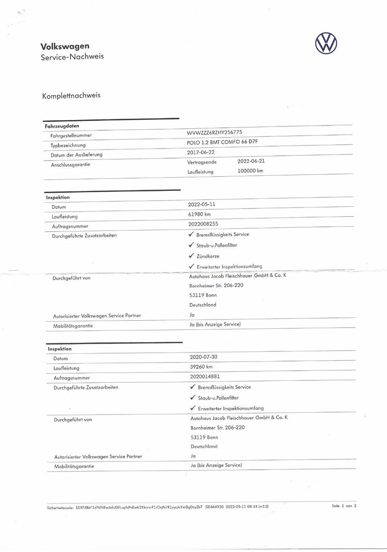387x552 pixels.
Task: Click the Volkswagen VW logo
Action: coord(326,44)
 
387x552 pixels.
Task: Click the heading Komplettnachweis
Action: coord(71,96)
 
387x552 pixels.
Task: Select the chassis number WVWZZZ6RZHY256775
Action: coord(218,132)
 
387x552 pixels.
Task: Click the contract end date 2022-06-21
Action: coord(251,161)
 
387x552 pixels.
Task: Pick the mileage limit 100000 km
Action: coord(250,171)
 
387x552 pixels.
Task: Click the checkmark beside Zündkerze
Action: coord(191,256)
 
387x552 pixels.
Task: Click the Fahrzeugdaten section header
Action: coord(62,126)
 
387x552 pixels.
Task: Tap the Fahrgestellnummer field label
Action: coord(71,136)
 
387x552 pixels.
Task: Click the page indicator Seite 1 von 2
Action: coord(344,506)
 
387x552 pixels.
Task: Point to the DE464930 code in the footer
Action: coord(214,506)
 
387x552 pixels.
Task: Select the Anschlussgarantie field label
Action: coord(70,165)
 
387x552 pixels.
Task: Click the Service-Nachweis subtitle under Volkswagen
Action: coord(72,57)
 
